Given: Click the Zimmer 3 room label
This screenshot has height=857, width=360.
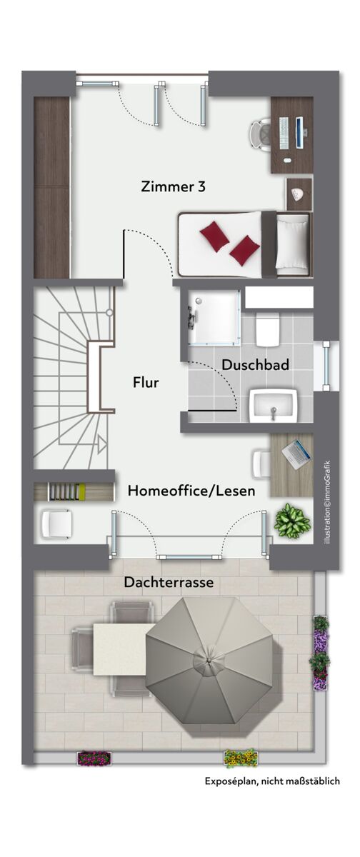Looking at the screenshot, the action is point(174,186).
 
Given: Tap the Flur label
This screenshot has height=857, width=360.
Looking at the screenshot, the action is point(146,382).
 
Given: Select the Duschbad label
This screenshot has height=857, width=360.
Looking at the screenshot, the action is point(255,365).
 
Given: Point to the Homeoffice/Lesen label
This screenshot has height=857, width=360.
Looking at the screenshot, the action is point(191,491).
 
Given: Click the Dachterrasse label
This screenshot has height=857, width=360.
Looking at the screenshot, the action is point(169,582).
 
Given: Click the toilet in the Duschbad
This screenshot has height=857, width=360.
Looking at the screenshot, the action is point(267,329).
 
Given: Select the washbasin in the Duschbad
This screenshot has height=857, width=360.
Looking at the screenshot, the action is point(273,406).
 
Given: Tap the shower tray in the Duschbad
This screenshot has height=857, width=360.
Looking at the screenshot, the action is point(214,317).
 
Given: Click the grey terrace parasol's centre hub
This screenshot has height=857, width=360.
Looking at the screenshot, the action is point(209,660).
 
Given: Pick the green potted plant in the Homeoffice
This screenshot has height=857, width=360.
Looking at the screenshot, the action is point(292,521).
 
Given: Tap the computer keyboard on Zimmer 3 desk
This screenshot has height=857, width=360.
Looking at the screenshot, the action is point(284,133).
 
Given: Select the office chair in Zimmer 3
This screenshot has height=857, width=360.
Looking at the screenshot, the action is point(260,135).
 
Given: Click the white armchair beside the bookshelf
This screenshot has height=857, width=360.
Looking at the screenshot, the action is point(56,523).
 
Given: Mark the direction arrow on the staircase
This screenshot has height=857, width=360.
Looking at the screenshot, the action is point(101,443).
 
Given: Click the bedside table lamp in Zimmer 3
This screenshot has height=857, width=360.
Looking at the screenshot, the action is point(299,194).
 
